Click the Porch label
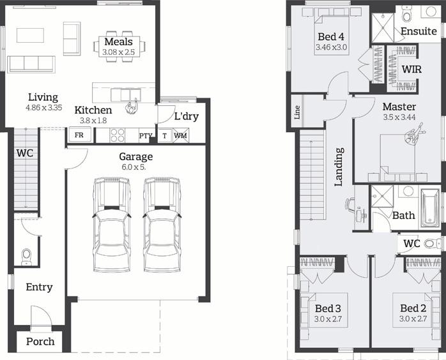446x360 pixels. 40,341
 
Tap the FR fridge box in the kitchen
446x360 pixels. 79,135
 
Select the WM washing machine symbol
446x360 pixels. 181,135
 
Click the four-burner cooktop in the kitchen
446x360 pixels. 118,135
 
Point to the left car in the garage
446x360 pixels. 111,225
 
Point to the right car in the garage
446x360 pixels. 162,225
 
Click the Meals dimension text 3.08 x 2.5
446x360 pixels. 119,52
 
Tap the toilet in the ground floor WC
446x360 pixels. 26,257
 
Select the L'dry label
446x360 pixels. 187,116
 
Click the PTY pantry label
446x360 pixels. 146,136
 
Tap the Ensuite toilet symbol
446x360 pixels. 407,15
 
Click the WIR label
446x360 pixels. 411,69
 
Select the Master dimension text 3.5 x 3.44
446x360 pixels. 399,117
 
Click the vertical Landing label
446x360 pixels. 339,167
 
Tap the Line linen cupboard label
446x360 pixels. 297,112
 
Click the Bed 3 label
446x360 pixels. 328,308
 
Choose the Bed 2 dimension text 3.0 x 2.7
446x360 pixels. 413,319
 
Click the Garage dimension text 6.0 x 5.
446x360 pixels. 134,167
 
